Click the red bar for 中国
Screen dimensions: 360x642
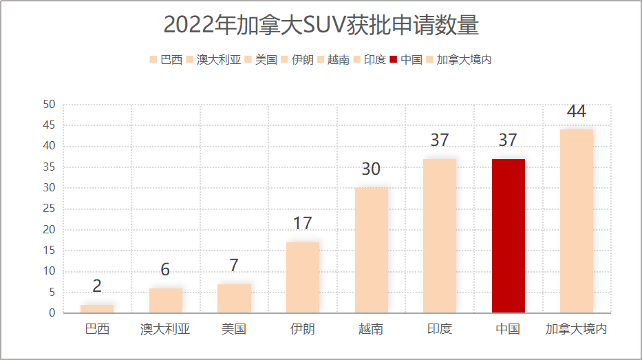[x=508, y=235]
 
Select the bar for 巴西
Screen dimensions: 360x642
[x=97, y=309]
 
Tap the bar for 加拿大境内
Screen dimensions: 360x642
[x=577, y=221]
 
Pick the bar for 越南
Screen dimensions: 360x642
[x=371, y=251]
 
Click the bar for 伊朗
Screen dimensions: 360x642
[x=303, y=277]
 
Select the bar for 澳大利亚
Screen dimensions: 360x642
[x=165, y=301]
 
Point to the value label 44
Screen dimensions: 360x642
[x=576, y=112]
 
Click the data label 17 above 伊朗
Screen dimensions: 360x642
[x=302, y=224]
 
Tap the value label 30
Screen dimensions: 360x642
[x=371, y=169]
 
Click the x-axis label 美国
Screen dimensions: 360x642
[x=234, y=329]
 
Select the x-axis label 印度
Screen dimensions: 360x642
[x=440, y=329]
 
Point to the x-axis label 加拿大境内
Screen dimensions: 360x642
[x=577, y=329]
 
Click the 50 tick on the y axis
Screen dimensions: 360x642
[x=49, y=105]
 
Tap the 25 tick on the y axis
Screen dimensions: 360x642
[x=49, y=209]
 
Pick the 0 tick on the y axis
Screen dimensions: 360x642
[x=52, y=313]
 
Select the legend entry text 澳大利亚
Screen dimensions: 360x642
[x=219, y=60]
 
